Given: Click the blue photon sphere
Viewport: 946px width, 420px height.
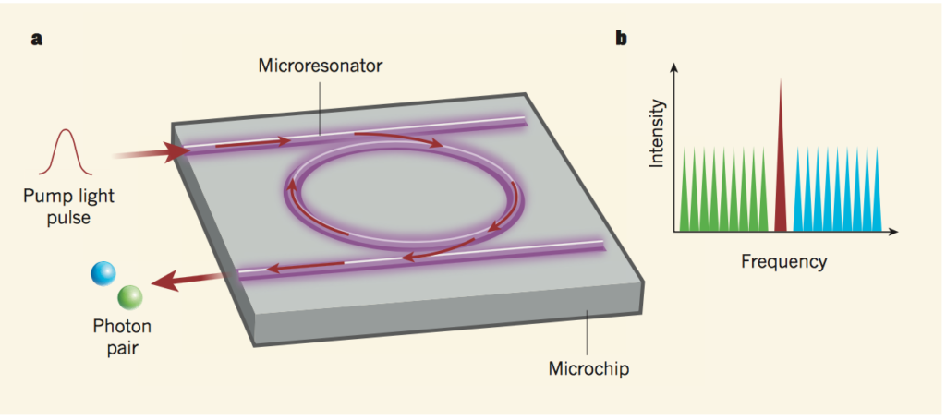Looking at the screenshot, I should [x=103, y=274].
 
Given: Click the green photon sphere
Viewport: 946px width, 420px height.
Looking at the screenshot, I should [x=129, y=296].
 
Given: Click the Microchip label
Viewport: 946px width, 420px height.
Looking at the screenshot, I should [x=588, y=370].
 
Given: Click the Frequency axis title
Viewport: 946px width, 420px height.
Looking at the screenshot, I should [x=783, y=261].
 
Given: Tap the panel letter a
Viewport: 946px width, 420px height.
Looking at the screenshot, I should [x=36, y=39].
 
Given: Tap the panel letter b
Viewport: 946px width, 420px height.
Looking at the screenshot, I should [x=622, y=39].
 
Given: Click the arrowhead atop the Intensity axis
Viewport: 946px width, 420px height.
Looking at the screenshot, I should [x=674, y=69].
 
